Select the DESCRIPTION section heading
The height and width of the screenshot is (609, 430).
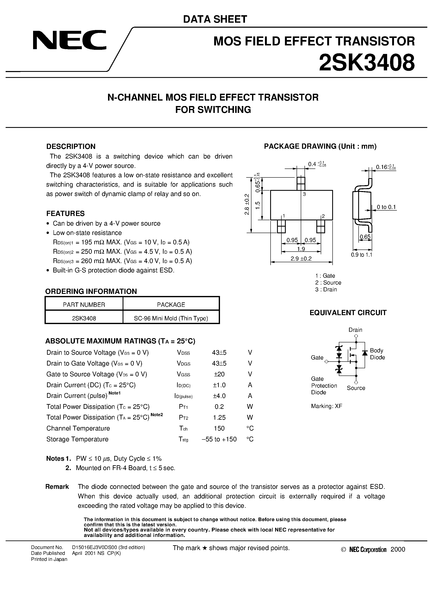tap(71, 146)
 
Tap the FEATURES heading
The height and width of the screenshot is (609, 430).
tap(66, 213)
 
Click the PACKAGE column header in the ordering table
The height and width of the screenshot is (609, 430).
tap(171, 304)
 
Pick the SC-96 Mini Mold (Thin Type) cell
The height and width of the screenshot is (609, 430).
tap(171, 318)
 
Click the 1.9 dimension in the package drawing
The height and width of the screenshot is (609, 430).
tap(301, 249)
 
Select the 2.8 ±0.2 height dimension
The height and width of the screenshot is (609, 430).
tap(247, 204)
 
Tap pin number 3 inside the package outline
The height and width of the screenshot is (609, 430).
tap(304, 194)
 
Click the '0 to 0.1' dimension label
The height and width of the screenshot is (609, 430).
tap(386, 207)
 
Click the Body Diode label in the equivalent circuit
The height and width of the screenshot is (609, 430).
tap(377, 354)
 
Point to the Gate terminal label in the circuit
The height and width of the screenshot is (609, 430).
tap(317, 358)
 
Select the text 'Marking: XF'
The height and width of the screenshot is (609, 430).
tap(327, 406)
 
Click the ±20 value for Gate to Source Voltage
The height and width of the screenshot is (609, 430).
tap(219, 374)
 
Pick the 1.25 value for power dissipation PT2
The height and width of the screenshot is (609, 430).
tap(219, 418)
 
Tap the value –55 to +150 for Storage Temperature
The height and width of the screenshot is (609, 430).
tap(219, 439)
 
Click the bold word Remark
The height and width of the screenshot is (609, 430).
tap(57, 487)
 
